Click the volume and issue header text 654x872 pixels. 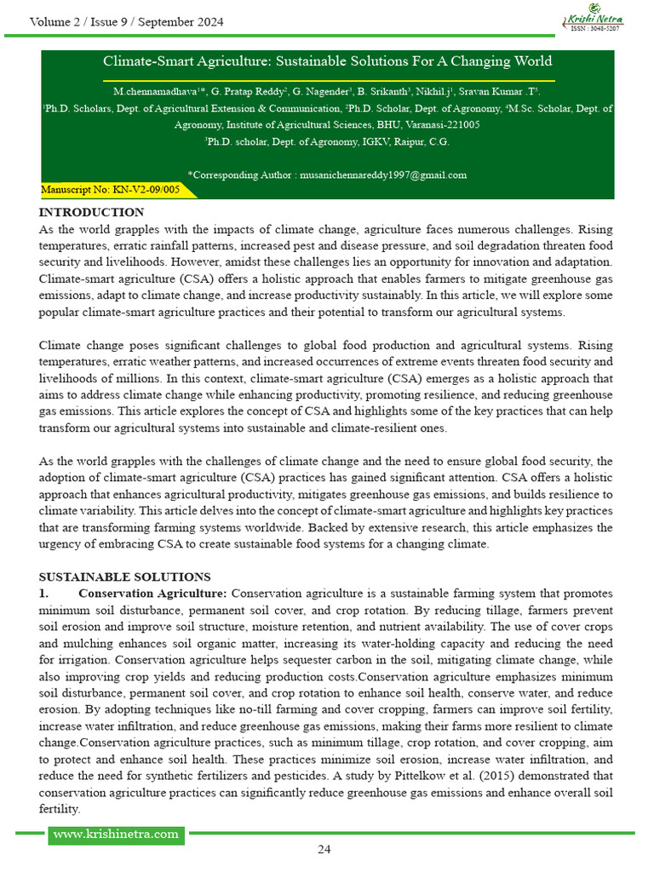coord(127,22)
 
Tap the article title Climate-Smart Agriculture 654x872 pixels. coord(327,61)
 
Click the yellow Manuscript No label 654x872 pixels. coord(111,190)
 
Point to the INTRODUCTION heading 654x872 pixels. coord(91,212)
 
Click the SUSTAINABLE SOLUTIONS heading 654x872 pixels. coord(124,577)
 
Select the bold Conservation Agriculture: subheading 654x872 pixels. coord(152,593)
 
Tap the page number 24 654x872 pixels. coord(324,848)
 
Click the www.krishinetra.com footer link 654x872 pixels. coord(116,834)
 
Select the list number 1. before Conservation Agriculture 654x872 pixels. coord(44,593)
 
